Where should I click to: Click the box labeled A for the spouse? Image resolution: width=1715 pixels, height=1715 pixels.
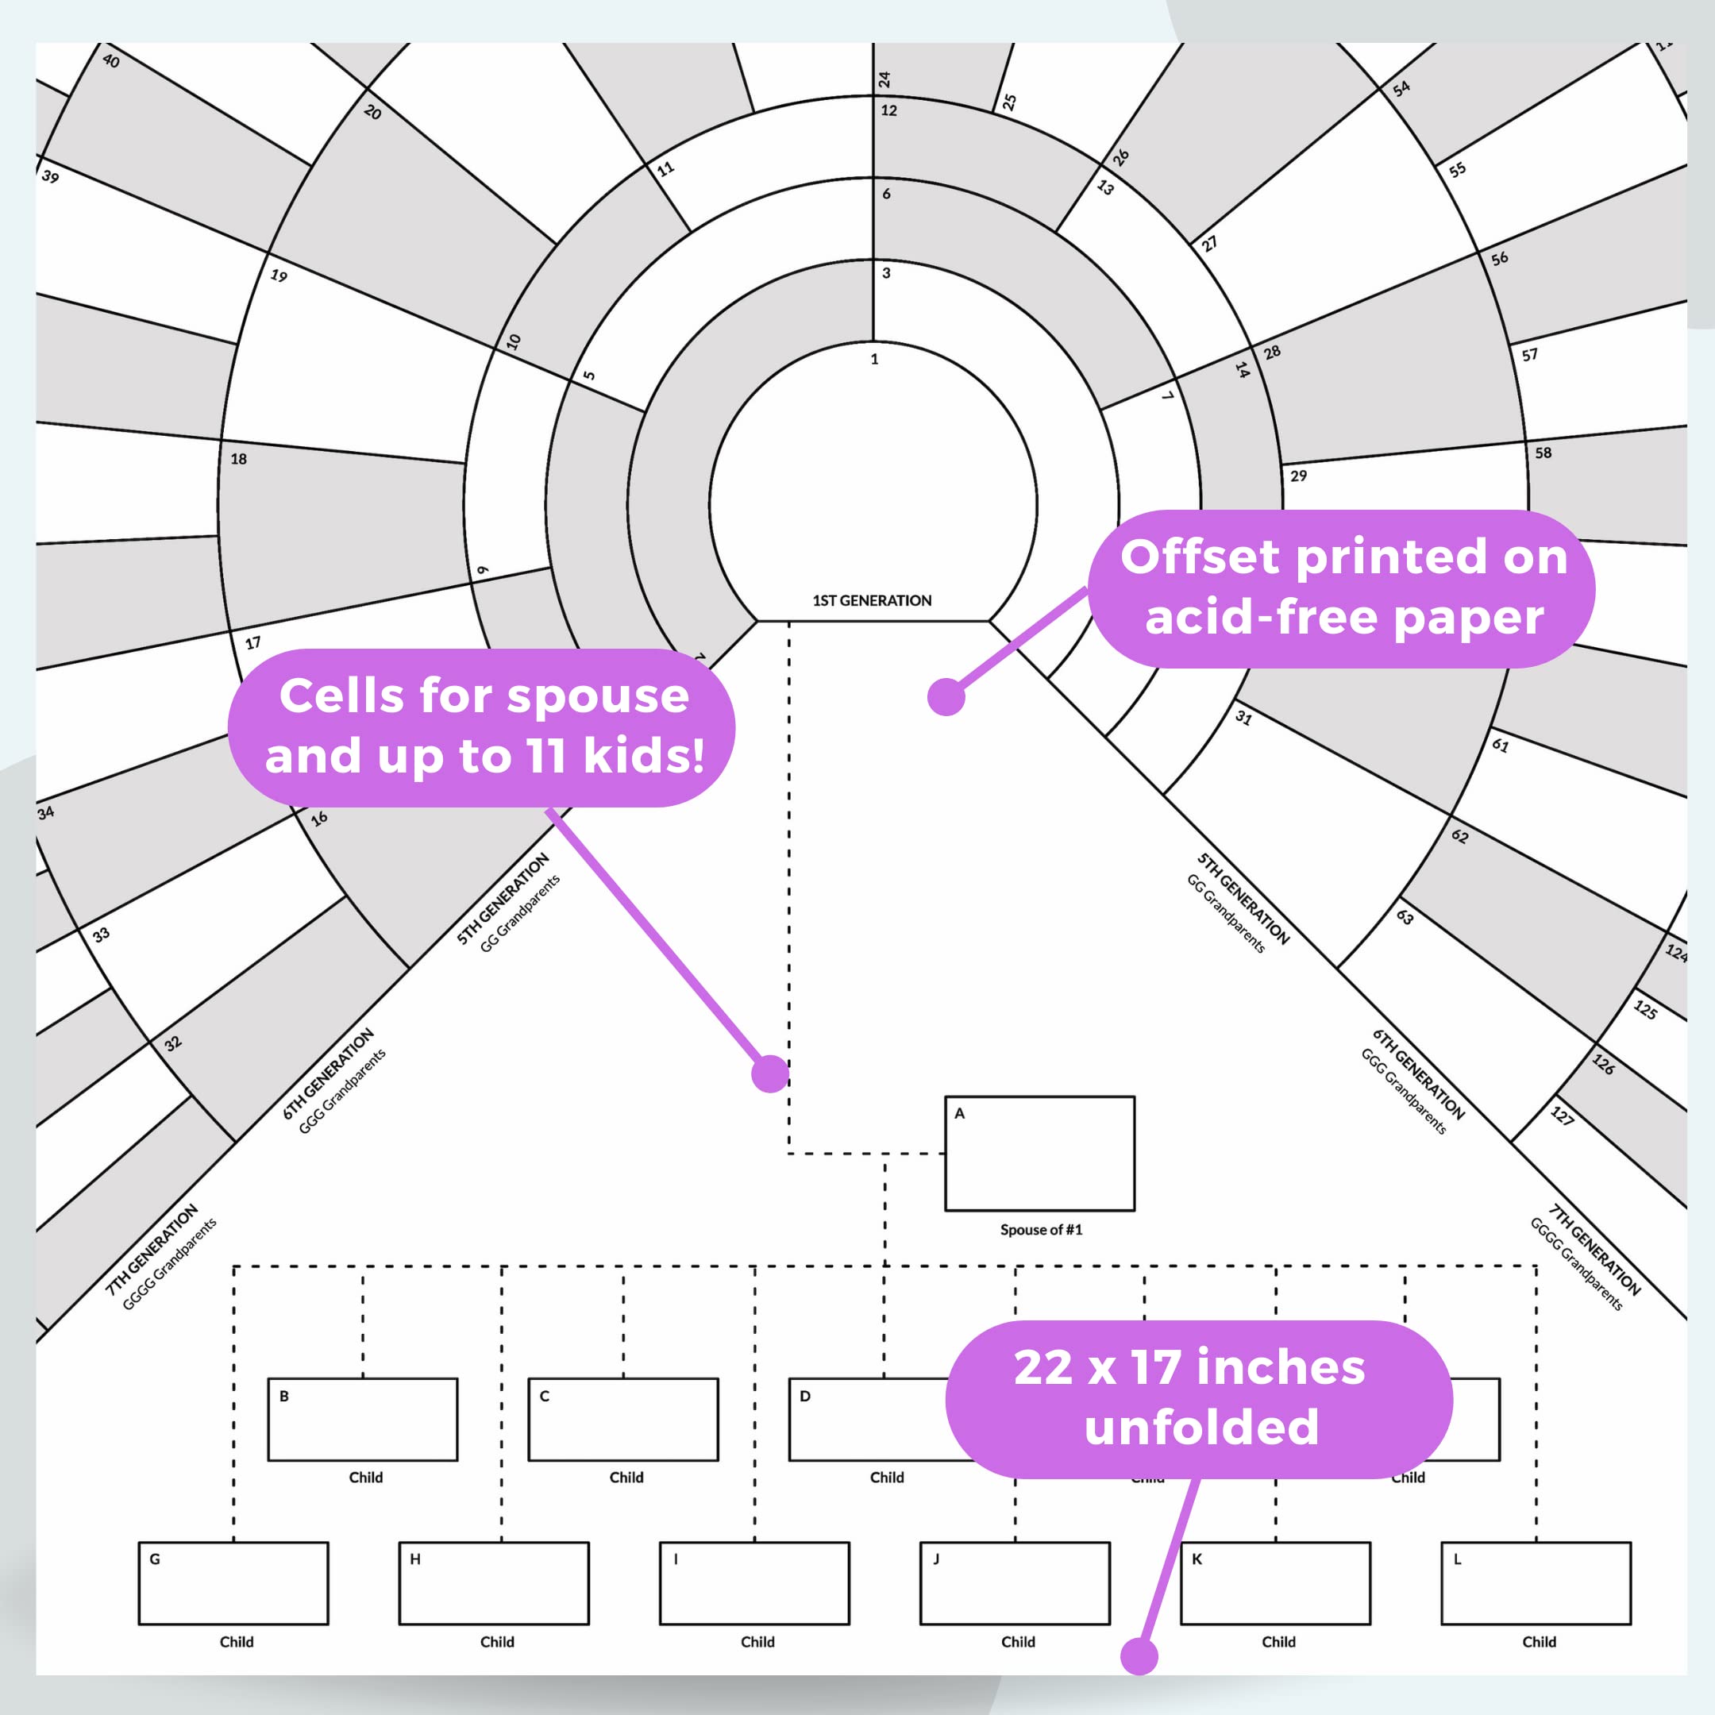coord(1039,1153)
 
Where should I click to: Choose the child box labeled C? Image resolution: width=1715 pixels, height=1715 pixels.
coord(623,1420)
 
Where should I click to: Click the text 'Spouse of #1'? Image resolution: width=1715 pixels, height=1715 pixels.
coord(1041,1229)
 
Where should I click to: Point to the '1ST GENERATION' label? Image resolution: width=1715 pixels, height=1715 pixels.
coord(872,601)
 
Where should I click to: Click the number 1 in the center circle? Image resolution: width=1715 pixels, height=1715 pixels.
coord(874,360)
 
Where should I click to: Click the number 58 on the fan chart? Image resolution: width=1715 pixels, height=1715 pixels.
coord(1543,453)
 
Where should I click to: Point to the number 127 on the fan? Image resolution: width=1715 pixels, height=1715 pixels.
coord(1563,1116)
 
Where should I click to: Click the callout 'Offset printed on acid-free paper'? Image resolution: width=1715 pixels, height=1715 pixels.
coord(1342,588)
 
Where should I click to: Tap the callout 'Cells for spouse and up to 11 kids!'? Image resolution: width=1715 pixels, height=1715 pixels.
coord(482,726)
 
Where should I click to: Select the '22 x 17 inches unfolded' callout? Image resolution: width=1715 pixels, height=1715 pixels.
coord(1198,1398)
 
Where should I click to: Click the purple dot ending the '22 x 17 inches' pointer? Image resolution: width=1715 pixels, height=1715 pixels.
coord(1139,1655)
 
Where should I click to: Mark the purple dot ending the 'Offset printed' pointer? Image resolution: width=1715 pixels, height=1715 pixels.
coord(946,697)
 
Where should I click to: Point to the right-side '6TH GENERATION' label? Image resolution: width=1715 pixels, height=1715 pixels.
coord(1417,1073)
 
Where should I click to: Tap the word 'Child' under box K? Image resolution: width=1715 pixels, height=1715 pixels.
coord(1278,1641)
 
